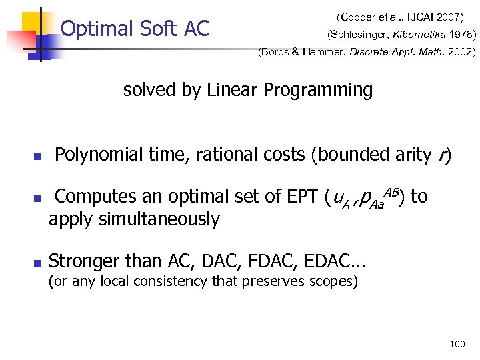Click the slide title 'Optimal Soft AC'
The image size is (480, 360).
[135, 29]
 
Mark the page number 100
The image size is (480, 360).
[457, 344]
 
